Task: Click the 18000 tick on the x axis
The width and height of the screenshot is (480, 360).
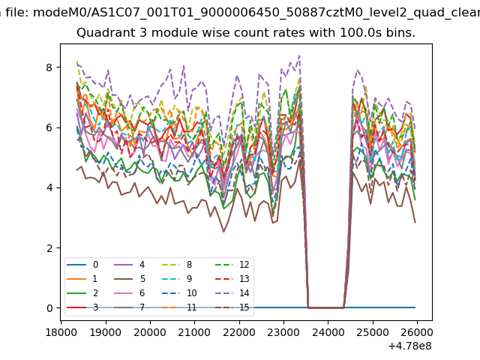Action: [61, 331]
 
